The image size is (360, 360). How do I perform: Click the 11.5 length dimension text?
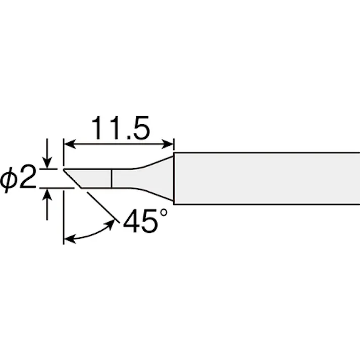point(121,128)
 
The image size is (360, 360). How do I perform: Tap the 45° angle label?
point(145,221)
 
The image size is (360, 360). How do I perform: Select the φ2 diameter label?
point(18,178)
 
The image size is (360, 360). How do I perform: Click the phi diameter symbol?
point(9,179)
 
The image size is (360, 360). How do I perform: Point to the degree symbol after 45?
point(164,213)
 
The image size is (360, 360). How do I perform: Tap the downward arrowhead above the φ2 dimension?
point(47,163)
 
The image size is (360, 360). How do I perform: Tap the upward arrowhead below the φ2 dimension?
point(47,194)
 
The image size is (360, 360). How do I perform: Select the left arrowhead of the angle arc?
point(70,239)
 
